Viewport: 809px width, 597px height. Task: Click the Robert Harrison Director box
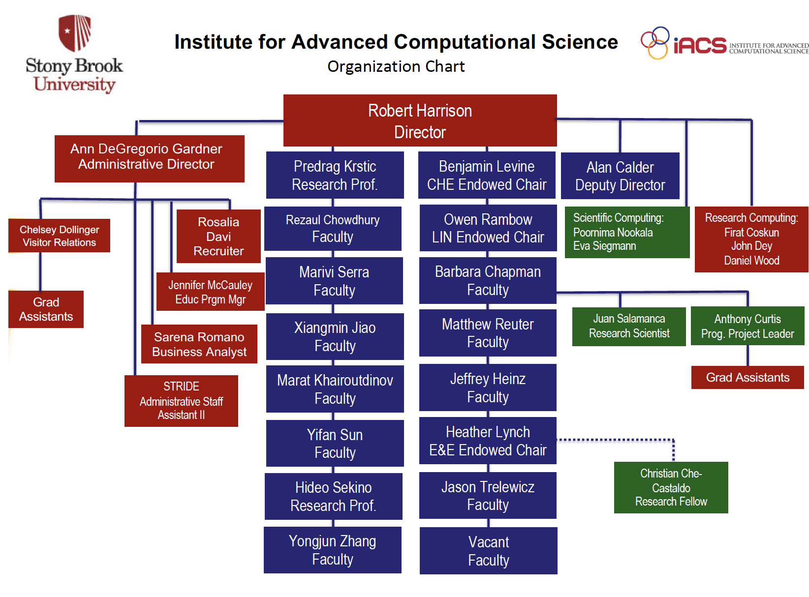tap(420, 120)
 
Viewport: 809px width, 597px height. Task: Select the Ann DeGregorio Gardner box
tap(149, 158)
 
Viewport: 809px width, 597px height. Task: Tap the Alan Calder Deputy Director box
tap(620, 176)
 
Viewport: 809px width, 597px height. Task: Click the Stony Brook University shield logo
tap(75, 33)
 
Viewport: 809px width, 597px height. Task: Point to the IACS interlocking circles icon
tap(655, 43)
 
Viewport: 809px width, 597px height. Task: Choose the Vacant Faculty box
tap(488, 551)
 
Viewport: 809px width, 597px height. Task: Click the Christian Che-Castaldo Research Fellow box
tap(671, 487)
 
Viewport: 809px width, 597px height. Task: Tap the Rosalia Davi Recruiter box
tap(218, 237)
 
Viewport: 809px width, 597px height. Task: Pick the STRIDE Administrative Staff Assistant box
tap(181, 401)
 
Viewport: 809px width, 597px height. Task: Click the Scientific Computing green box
tap(627, 232)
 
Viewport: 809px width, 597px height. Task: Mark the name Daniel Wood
tap(751, 261)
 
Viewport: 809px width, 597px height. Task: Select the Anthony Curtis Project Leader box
tap(747, 326)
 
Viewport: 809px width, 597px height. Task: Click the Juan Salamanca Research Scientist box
tap(629, 327)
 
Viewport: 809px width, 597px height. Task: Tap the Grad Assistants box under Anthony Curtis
tap(747, 378)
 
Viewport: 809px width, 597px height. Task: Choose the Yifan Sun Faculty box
tap(335, 443)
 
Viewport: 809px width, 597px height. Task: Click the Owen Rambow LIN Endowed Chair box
tap(488, 228)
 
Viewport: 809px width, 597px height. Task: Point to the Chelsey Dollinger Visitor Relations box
tap(59, 236)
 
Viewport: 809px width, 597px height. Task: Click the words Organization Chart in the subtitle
tap(396, 66)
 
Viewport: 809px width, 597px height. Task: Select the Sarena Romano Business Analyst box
tap(199, 344)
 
